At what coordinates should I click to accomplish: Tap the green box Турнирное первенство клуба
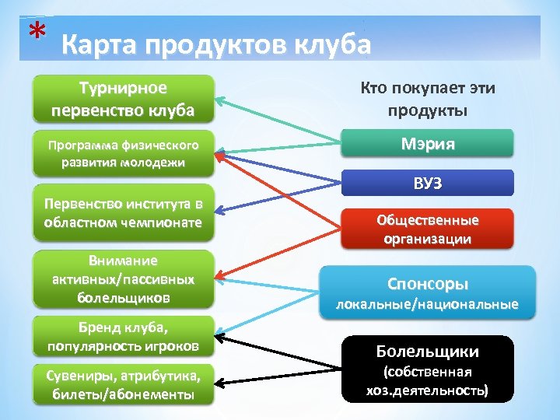122,98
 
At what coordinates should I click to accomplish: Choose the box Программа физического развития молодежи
122,153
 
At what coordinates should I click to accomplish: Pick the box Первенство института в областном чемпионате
122,213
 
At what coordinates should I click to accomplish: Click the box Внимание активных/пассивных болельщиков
122,278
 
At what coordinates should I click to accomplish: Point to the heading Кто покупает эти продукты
427,98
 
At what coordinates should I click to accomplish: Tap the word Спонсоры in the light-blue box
428,284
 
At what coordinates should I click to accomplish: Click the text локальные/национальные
427,304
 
